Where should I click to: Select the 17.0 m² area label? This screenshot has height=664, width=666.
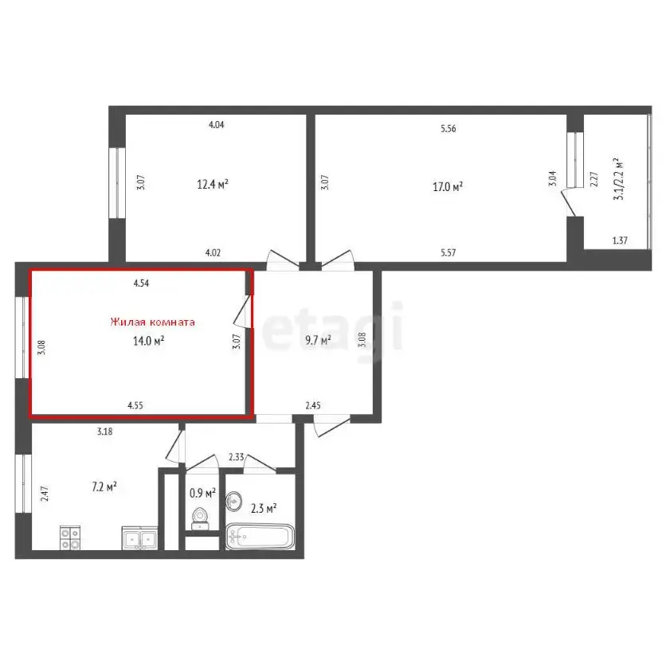(448, 187)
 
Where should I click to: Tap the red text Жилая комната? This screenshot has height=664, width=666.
(152, 322)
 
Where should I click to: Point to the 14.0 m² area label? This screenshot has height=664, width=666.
(148, 341)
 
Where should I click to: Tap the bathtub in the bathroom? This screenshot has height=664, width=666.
(261, 537)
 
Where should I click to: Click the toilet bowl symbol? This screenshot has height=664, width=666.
(201, 518)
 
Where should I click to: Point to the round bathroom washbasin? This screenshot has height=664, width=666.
(235, 502)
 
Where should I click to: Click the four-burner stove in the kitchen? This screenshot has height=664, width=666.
(70, 538)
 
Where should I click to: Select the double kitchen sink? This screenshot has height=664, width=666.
(139, 539)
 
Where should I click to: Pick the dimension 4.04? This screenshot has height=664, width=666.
(216, 125)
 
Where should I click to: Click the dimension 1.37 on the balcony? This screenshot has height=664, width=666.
(620, 240)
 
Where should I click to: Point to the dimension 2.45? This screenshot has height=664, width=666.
(314, 405)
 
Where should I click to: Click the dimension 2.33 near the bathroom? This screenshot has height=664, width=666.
(236, 456)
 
